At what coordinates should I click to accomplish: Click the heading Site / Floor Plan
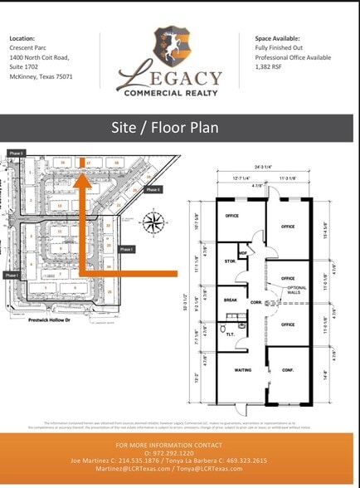point(179,128)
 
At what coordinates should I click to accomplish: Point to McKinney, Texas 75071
point(41,76)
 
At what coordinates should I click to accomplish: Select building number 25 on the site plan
point(109,292)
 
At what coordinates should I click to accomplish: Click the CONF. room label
point(287,370)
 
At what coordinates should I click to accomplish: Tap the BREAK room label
point(231,300)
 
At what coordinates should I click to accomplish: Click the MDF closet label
point(242,253)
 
